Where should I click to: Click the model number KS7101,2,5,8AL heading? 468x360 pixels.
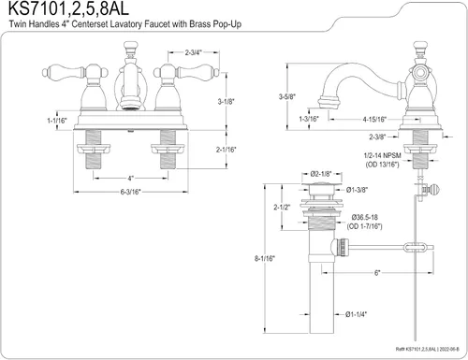[x=68, y=8]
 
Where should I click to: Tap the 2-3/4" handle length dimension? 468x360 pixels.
[x=194, y=52]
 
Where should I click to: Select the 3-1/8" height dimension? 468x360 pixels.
[x=226, y=101]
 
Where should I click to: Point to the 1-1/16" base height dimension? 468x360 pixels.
[x=57, y=120]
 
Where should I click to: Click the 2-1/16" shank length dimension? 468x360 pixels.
[x=227, y=150]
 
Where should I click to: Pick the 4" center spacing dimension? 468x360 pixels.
[x=130, y=179]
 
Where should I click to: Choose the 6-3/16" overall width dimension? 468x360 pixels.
[x=131, y=192]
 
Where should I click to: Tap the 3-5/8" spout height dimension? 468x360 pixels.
[x=287, y=96]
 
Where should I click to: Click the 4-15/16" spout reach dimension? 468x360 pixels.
[x=374, y=119]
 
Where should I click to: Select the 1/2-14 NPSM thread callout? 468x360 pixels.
[x=382, y=155]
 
